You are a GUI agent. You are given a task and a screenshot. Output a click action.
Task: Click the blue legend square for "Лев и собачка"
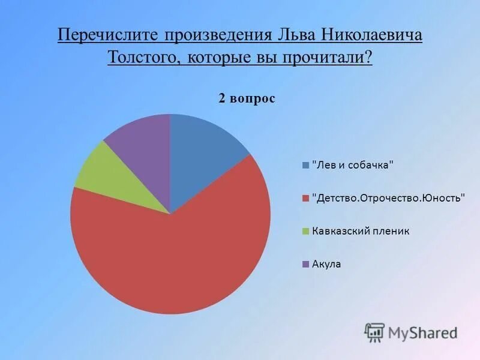[x=305, y=165]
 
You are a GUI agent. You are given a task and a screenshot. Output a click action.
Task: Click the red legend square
[x=305, y=198]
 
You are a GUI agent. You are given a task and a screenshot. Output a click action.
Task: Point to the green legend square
[x=305, y=231]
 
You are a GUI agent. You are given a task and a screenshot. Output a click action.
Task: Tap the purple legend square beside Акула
[x=305, y=264]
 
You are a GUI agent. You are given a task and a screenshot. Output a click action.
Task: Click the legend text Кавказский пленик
[x=360, y=231]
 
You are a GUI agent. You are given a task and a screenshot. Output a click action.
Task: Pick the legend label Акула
[x=326, y=264]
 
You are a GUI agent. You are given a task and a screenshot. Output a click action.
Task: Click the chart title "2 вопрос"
[x=247, y=98]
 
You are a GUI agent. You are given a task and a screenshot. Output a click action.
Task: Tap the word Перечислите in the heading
[x=100, y=35]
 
